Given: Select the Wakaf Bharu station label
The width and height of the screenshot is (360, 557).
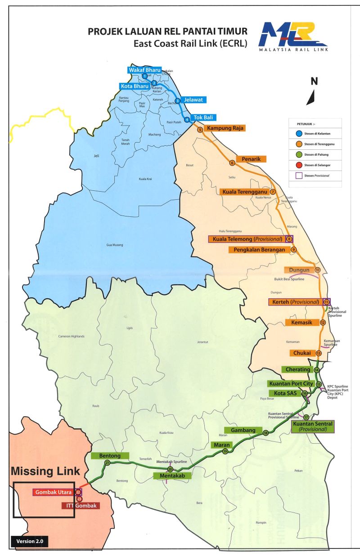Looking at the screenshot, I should (x=144, y=70).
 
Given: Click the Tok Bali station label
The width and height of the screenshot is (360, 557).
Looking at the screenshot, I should (x=204, y=118).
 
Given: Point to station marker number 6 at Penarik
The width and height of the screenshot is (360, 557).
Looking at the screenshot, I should (x=233, y=163).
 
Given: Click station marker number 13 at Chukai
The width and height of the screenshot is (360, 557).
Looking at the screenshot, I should (x=319, y=353).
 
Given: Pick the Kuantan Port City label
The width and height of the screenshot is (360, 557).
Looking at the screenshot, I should (x=290, y=384).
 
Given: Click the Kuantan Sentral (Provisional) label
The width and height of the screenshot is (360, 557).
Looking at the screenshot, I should (x=312, y=426).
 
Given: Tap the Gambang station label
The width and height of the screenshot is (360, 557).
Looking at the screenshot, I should (x=243, y=430).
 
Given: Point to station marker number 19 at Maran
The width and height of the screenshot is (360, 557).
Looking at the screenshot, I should (x=225, y=451).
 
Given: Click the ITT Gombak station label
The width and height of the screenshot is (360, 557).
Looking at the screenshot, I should (x=81, y=506).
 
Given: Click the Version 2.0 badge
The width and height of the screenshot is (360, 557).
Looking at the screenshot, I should (x=29, y=541).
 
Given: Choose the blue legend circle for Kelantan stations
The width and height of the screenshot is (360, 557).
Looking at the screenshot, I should (x=293, y=134).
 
